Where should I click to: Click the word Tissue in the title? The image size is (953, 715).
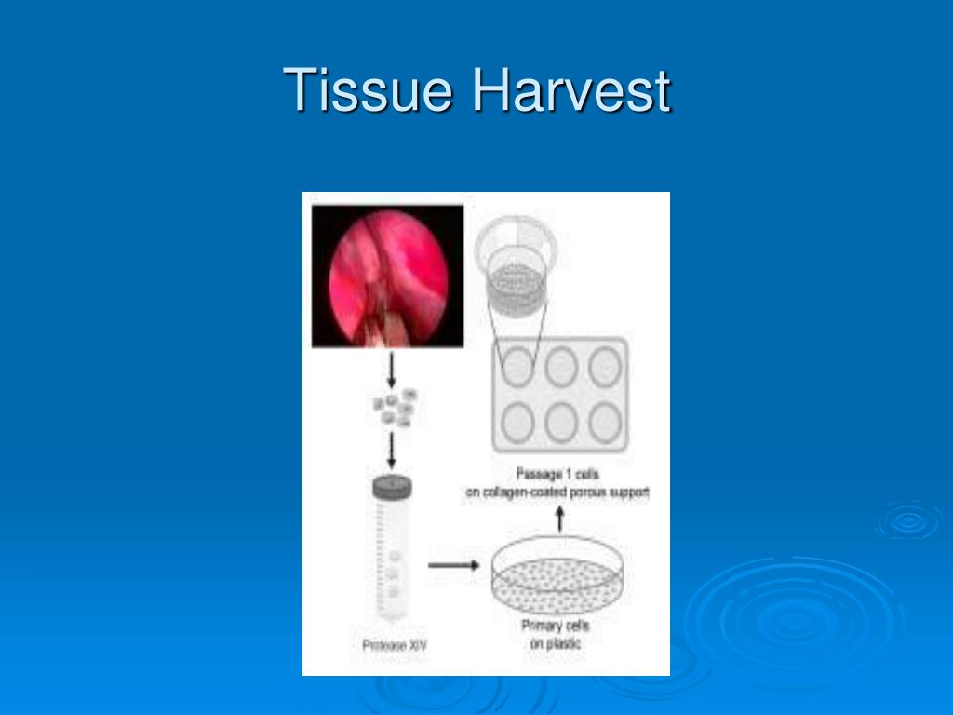(x=370, y=90)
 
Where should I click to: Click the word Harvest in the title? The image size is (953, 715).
(x=570, y=90)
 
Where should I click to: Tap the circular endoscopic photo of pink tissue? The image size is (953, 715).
(x=388, y=277)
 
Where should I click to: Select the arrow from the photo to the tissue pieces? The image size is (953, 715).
(x=392, y=370)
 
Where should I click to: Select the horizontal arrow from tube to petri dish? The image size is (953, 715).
(x=452, y=564)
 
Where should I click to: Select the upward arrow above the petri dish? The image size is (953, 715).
(x=559, y=518)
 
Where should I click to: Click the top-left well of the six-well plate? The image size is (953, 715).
(x=517, y=367)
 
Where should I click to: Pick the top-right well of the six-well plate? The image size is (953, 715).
(x=606, y=367)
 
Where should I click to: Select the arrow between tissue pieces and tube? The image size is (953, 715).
(x=392, y=451)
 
